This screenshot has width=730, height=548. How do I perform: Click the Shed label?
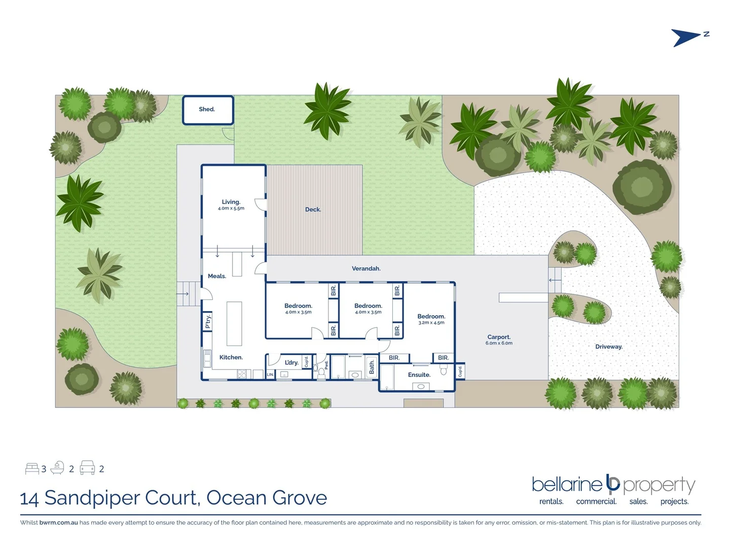[x=207, y=109]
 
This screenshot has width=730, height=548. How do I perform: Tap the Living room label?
[x=231, y=202]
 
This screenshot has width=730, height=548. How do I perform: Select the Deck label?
[x=313, y=210]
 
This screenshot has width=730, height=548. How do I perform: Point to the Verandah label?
[x=366, y=268]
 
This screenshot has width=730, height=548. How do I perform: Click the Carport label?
[x=499, y=337]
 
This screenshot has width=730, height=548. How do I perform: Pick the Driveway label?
[x=609, y=347]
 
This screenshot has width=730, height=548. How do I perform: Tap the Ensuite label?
[x=419, y=375]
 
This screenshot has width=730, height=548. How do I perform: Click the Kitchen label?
[x=231, y=357]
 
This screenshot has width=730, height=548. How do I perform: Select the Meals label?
[x=217, y=276]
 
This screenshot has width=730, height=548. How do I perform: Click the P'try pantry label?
[x=208, y=322]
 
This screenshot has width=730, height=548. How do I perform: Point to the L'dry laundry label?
[x=291, y=362]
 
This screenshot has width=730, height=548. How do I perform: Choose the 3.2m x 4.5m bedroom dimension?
[x=431, y=323]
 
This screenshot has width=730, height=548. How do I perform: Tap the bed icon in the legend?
[x=32, y=468]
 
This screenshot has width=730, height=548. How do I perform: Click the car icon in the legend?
[x=87, y=468]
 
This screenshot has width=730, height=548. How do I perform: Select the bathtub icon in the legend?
[x=57, y=468]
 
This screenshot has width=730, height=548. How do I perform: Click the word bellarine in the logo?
[x=566, y=485]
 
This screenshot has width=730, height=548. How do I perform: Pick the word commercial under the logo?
[x=596, y=501]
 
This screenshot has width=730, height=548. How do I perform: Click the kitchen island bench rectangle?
[x=234, y=324]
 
